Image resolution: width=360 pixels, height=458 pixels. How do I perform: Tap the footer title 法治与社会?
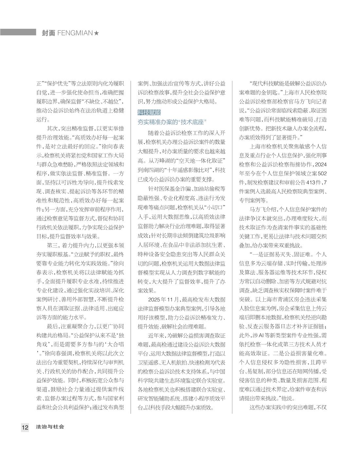(x=50, y=427)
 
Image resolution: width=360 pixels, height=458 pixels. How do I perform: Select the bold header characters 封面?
(x=48, y=33)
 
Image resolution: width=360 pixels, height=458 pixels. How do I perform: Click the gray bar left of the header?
(x=18, y=32)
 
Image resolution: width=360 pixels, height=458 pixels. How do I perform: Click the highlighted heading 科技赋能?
(x=149, y=113)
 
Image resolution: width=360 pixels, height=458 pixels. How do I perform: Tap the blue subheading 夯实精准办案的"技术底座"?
(x=171, y=122)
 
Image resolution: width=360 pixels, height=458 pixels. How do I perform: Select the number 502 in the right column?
(x=322, y=173)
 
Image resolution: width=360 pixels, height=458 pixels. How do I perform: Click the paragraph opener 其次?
(x=53, y=128)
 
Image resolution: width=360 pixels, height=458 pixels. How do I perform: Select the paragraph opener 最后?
(x=53, y=317)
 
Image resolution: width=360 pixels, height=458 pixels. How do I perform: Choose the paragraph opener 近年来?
(x=155, y=335)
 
